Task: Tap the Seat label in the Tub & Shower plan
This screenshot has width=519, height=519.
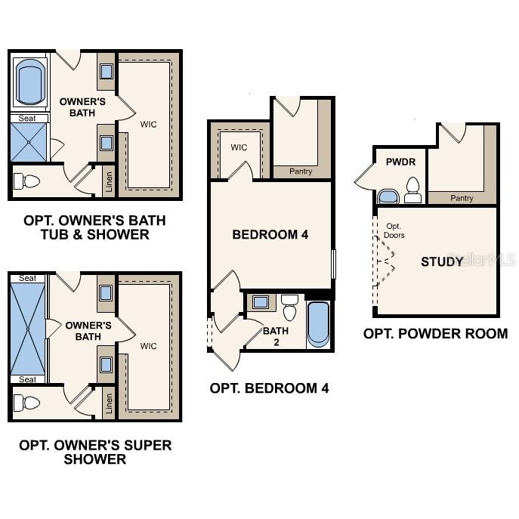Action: point(27,118)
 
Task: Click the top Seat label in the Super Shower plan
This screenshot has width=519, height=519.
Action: point(27,279)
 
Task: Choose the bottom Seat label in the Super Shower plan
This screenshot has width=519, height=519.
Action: point(27,379)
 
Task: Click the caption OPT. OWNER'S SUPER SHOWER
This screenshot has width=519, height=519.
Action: point(95,452)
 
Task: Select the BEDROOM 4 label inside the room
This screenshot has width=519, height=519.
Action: point(270,235)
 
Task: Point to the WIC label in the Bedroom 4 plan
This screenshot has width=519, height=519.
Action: point(239,147)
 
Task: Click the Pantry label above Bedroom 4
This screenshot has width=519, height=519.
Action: point(301,171)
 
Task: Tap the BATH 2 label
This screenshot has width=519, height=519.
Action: point(275,336)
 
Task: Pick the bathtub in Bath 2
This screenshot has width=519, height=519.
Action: point(319,323)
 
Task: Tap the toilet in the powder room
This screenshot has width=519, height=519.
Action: point(412,190)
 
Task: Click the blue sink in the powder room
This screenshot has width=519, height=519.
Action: point(388,197)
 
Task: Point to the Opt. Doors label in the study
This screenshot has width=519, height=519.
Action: point(394,230)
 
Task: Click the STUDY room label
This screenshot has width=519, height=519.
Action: point(442,262)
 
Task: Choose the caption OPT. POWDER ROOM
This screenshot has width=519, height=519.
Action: point(435,333)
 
